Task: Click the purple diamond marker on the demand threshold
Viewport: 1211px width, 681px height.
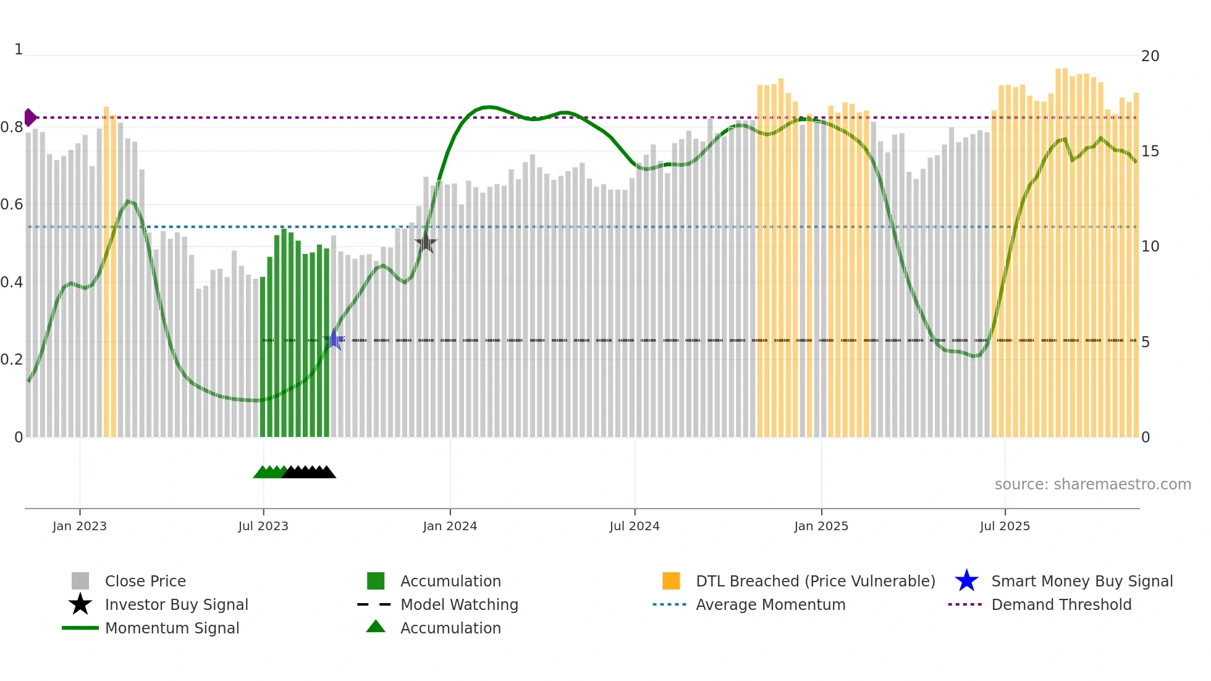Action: tap(30, 117)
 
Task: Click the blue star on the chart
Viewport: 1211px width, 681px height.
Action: tap(334, 339)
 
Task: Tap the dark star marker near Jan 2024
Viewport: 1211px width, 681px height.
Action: tap(426, 243)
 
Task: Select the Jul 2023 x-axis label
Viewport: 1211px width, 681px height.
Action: tap(263, 526)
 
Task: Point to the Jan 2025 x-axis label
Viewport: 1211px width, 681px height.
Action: tap(821, 526)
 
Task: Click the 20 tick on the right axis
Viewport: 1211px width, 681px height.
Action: tap(1150, 56)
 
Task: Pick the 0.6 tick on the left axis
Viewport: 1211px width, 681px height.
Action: tap(12, 205)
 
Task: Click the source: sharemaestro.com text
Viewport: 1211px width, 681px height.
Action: tap(1092, 484)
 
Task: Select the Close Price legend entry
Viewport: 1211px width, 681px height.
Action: tap(145, 581)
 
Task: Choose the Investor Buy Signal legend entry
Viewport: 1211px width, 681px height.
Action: tap(176, 604)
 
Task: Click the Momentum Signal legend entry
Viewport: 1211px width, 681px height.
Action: tap(172, 628)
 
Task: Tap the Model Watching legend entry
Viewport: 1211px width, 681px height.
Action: tap(458, 604)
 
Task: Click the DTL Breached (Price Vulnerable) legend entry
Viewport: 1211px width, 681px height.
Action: tap(815, 581)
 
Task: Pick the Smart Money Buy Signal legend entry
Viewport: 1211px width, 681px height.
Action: tap(1081, 581)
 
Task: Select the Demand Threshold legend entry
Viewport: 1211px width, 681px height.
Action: tap(1061, 604)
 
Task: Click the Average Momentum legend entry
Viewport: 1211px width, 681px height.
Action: tap(770, 604)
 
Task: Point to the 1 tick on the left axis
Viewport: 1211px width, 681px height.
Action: tap(19, 49)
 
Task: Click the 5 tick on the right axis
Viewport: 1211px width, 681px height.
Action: tap(1146, 342)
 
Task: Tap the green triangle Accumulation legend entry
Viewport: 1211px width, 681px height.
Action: tap(450, 628)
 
